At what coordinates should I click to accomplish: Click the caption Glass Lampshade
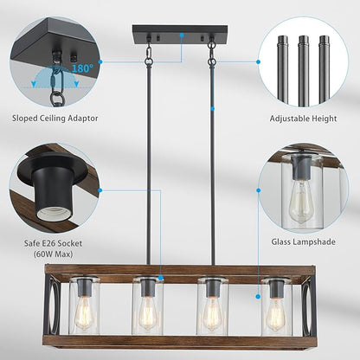(304, 244)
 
